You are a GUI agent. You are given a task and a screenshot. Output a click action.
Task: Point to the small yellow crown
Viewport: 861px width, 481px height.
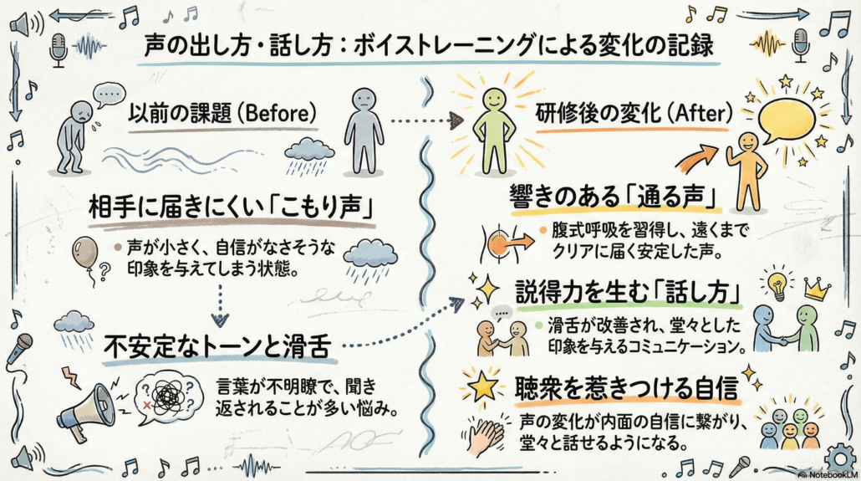coord(815,289)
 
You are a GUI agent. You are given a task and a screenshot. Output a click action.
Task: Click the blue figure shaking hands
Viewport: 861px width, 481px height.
coord(764,327)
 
